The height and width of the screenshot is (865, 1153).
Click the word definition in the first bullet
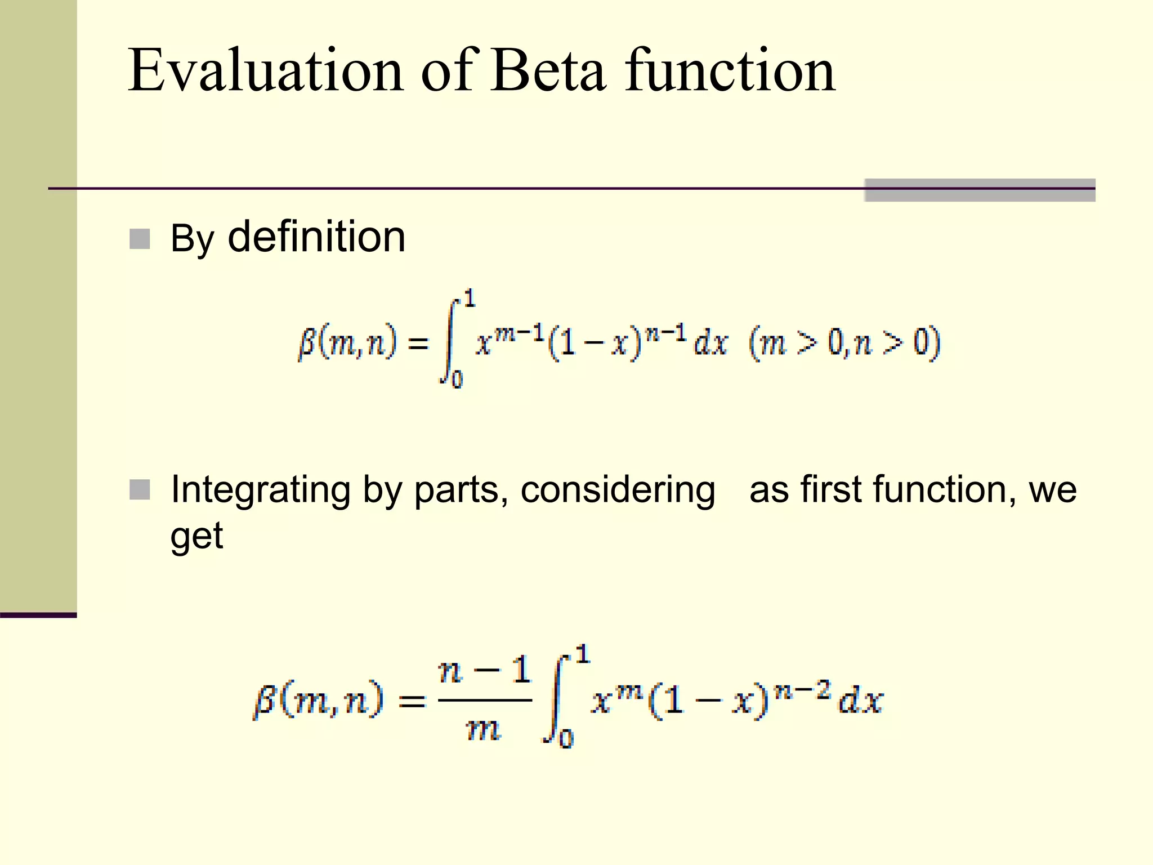pos(316,237)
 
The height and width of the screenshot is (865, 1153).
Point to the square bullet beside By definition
pos(140,239)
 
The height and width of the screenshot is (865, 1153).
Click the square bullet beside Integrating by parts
pos(140,490)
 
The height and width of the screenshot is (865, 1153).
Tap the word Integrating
pos(260,490)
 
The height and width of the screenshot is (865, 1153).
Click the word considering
pos(618,490)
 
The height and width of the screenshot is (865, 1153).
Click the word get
pos(196,536)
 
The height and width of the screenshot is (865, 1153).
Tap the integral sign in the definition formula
pos(451,341)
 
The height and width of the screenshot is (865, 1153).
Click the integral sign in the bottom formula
pos(555,698)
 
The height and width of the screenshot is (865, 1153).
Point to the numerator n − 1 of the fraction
pos(485,671)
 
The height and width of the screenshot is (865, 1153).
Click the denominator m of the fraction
pos(484,730)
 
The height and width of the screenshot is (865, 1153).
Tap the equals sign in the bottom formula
pos(412,702)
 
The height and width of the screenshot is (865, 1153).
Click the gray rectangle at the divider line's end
pos(979,190)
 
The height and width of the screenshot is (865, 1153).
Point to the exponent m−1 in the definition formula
pos(520,333)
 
